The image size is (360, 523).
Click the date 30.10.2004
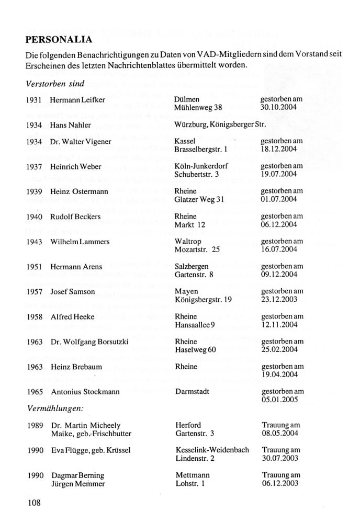pos(279,107)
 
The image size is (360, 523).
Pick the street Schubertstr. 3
pos(199,174)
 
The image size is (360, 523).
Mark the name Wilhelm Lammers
pos(80,241)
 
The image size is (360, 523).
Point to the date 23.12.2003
pos(279,300)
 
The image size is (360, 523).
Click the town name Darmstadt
pos(193,391)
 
